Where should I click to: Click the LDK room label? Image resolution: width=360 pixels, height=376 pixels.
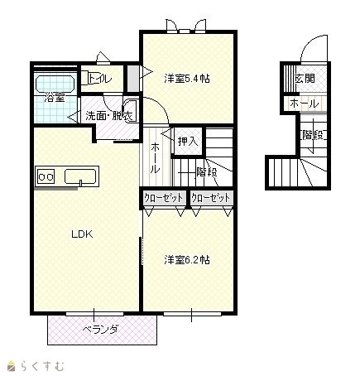coord(82,234)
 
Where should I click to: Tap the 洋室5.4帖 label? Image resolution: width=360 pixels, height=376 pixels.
coord(187,79)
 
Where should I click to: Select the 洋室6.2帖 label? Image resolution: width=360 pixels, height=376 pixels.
coord(187,260)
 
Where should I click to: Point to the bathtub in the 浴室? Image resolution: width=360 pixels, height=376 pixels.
coord(55,84)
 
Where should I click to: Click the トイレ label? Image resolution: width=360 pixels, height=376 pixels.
coord(100,79)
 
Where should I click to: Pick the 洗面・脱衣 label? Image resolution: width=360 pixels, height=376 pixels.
coord(109,116)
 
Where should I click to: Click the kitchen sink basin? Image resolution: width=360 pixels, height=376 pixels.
coord(80,176)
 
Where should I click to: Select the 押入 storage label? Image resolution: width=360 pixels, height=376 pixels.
coord(188,142)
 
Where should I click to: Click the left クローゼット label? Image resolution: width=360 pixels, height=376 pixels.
coord(164,198)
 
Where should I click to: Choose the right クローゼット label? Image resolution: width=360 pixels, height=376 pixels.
coord(210,198)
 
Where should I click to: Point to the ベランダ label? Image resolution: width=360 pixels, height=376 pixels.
coord(101,330)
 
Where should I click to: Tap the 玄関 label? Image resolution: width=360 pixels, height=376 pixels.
coord(305,79)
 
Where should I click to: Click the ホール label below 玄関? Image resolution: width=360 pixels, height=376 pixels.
coord(305,104)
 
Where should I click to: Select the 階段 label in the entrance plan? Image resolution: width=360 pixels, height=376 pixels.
coord(313,135)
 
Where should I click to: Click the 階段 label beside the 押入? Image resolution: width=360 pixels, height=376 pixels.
coord(207,172)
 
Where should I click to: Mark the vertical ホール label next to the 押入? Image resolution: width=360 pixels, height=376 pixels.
coord(155,158)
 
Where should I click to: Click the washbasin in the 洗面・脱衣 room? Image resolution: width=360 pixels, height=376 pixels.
coord(130,109)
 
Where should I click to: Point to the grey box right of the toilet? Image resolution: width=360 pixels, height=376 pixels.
coord(133,79)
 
